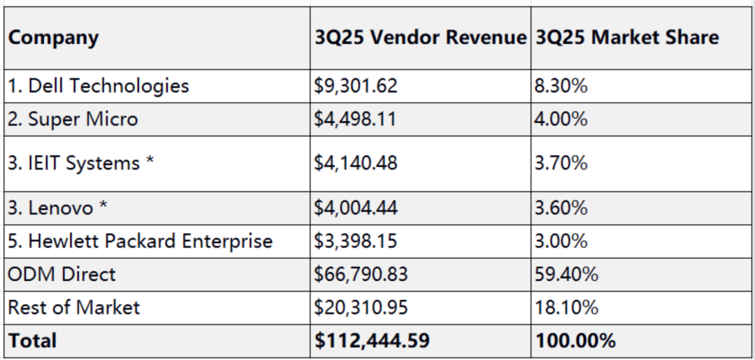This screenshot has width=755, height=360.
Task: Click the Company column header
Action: point(53,38)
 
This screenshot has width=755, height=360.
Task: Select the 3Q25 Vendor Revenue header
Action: point(419,38)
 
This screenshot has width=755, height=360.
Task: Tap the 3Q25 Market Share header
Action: point(626,38)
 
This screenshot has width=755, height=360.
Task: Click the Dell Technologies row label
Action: point(99,86)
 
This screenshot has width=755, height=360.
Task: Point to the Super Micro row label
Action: point(73,120)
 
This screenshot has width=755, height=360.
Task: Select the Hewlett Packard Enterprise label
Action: point(140,241)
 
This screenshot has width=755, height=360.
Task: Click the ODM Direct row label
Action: point(62,274)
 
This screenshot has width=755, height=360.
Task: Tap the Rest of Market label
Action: point(74,307)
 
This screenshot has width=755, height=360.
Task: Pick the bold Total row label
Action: point(32,340)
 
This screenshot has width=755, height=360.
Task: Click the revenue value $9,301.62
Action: point(356,86)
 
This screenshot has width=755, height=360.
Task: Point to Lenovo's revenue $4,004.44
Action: point(357,208)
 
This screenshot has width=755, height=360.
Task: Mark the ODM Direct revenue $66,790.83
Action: point(361,274)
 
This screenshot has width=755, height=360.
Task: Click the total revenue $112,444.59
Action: point(372,340)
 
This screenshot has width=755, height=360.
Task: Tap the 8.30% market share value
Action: point(561,86)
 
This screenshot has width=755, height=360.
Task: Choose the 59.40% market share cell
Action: point(566,274)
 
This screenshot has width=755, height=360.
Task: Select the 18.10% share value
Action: point(565,307)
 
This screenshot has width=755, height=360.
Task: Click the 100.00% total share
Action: point(575,340)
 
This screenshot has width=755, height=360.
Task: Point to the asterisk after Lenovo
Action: point(103,206)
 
